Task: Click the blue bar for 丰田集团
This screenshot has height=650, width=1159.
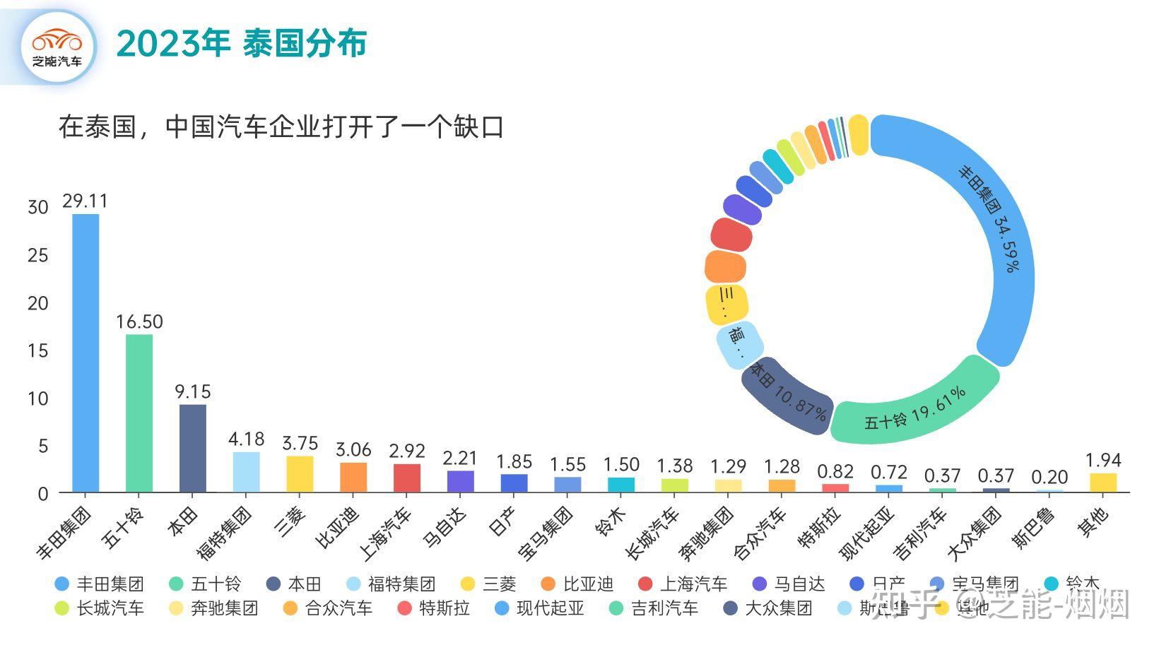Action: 86,353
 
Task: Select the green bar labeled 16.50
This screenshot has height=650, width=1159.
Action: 139,413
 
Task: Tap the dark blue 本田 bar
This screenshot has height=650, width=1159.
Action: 193,448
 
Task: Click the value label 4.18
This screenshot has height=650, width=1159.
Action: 246,439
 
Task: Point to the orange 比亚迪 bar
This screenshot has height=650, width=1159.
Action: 353,478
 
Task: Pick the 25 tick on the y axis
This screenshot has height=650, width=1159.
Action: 37,255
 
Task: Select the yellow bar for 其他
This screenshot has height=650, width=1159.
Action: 1103,483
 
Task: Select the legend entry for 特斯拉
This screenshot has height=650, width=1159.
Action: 435,608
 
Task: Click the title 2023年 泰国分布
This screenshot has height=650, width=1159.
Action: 241,44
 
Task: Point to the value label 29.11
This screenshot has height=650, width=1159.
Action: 85,201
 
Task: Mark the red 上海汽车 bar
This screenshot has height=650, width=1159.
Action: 407,478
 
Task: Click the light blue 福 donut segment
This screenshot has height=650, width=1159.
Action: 739,344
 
